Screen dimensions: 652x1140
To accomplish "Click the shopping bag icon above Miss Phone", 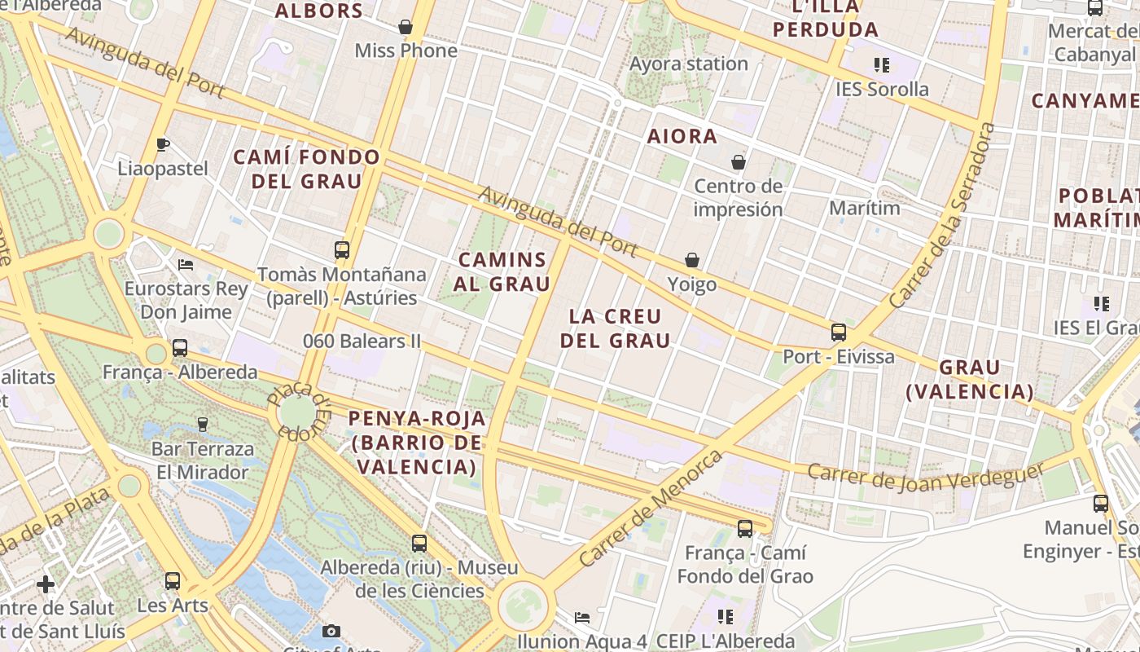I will pos(406,27).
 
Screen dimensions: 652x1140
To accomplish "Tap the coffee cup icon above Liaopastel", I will pos(162,145).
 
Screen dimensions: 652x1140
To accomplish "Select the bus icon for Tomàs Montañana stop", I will pos(342,250).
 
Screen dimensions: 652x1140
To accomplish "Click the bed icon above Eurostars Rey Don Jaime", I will pos(186,265).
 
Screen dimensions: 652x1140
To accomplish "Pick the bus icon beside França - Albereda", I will pos(180,348).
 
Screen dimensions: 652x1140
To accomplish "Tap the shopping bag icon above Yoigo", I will pos(692,260).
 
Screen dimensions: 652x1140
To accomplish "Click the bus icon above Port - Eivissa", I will pos(839,333).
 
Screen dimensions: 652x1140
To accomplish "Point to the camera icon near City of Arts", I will pos(331,631).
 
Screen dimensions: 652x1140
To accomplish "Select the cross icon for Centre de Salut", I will pos(46,584).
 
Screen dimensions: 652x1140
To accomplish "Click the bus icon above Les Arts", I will pos(173,581).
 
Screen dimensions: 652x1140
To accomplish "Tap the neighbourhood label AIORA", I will pos(682,136).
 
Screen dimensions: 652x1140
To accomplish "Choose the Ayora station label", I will pos(689,64).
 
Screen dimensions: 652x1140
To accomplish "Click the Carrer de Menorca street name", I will pos(651,509).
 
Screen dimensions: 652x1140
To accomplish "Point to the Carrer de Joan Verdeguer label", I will pos(926,478).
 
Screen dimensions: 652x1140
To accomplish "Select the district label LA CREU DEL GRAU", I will pos(615,328).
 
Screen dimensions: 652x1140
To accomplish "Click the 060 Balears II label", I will pos(362,341).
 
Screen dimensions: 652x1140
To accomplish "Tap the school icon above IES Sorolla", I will pos(881,64).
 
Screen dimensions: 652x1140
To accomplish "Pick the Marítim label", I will pos(865,208).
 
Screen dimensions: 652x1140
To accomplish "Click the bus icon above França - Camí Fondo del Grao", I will pos(744,529).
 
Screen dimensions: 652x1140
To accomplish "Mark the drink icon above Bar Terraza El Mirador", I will pos(203,424).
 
